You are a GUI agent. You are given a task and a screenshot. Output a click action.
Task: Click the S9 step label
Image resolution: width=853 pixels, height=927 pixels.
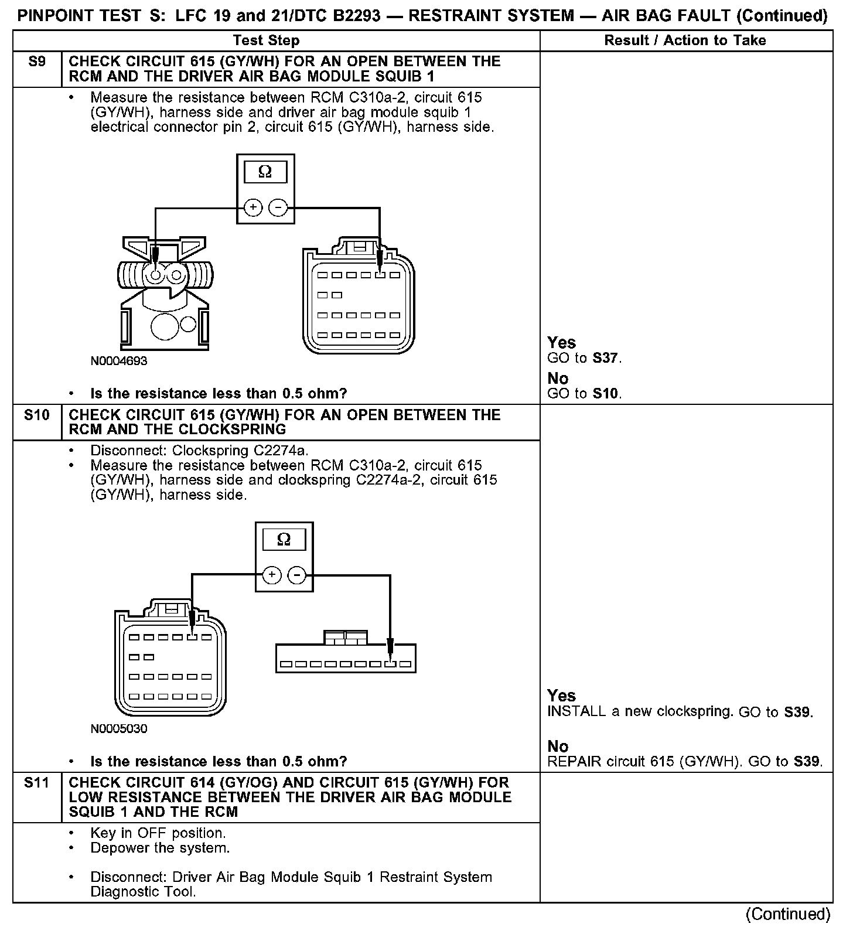(37, 62)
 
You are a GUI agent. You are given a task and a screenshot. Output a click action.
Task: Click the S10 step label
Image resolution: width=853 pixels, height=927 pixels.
(37, 415)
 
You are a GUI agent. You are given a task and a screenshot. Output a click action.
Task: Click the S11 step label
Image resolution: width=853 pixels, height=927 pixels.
(37, 782)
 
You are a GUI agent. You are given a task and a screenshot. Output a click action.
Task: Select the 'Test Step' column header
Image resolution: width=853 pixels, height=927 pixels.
(266, 40)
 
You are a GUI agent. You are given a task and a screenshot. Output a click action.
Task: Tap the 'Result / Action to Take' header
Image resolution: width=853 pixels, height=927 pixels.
(685, 40)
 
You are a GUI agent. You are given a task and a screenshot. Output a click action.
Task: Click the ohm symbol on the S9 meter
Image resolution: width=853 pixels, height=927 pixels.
(265, 172)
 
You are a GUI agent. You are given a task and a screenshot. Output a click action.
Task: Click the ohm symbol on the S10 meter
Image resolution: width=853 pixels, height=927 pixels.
(284, 540)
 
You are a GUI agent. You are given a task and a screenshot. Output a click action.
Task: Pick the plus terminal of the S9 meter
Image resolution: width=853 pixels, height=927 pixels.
(253, 207)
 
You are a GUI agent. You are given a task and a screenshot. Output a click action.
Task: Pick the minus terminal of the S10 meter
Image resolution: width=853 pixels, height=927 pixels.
(298, 575)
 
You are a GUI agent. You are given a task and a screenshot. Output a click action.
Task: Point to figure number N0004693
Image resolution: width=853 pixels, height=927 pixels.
(119, 361)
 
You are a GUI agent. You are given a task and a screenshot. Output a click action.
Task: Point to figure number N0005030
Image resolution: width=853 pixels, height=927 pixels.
(119, 729)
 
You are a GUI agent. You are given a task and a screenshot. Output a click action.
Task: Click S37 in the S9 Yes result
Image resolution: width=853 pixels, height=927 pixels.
(606, 358)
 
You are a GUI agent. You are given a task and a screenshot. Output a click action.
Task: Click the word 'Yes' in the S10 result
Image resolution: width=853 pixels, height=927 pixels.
(561, 696)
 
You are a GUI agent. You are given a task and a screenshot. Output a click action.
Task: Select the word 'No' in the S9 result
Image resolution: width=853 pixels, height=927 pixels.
(558, 378)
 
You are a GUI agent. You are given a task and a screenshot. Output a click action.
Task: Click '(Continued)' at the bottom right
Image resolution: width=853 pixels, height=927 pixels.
(788, 914)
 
